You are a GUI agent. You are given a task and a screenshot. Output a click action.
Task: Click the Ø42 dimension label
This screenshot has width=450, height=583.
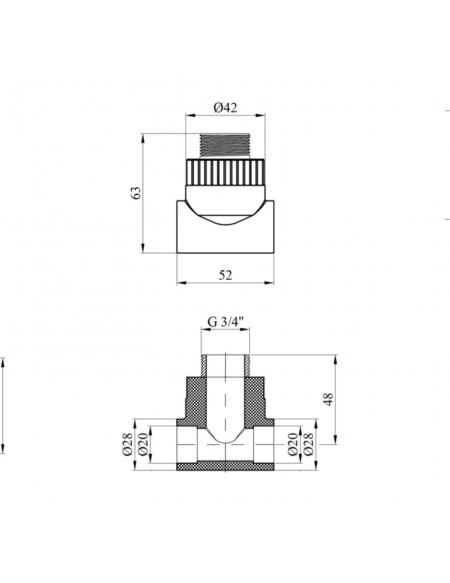(225, 107)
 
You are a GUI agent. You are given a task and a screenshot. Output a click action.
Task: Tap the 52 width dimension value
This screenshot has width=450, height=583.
(225, 276)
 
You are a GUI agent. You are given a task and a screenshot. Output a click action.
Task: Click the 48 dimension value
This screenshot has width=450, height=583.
(328, 400)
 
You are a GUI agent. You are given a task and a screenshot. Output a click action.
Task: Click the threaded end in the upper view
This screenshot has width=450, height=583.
(225, 146)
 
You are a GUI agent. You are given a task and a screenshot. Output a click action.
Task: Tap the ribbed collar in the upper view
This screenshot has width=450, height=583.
(225, 172)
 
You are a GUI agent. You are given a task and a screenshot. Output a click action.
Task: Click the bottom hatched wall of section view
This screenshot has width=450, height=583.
(225, 466)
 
